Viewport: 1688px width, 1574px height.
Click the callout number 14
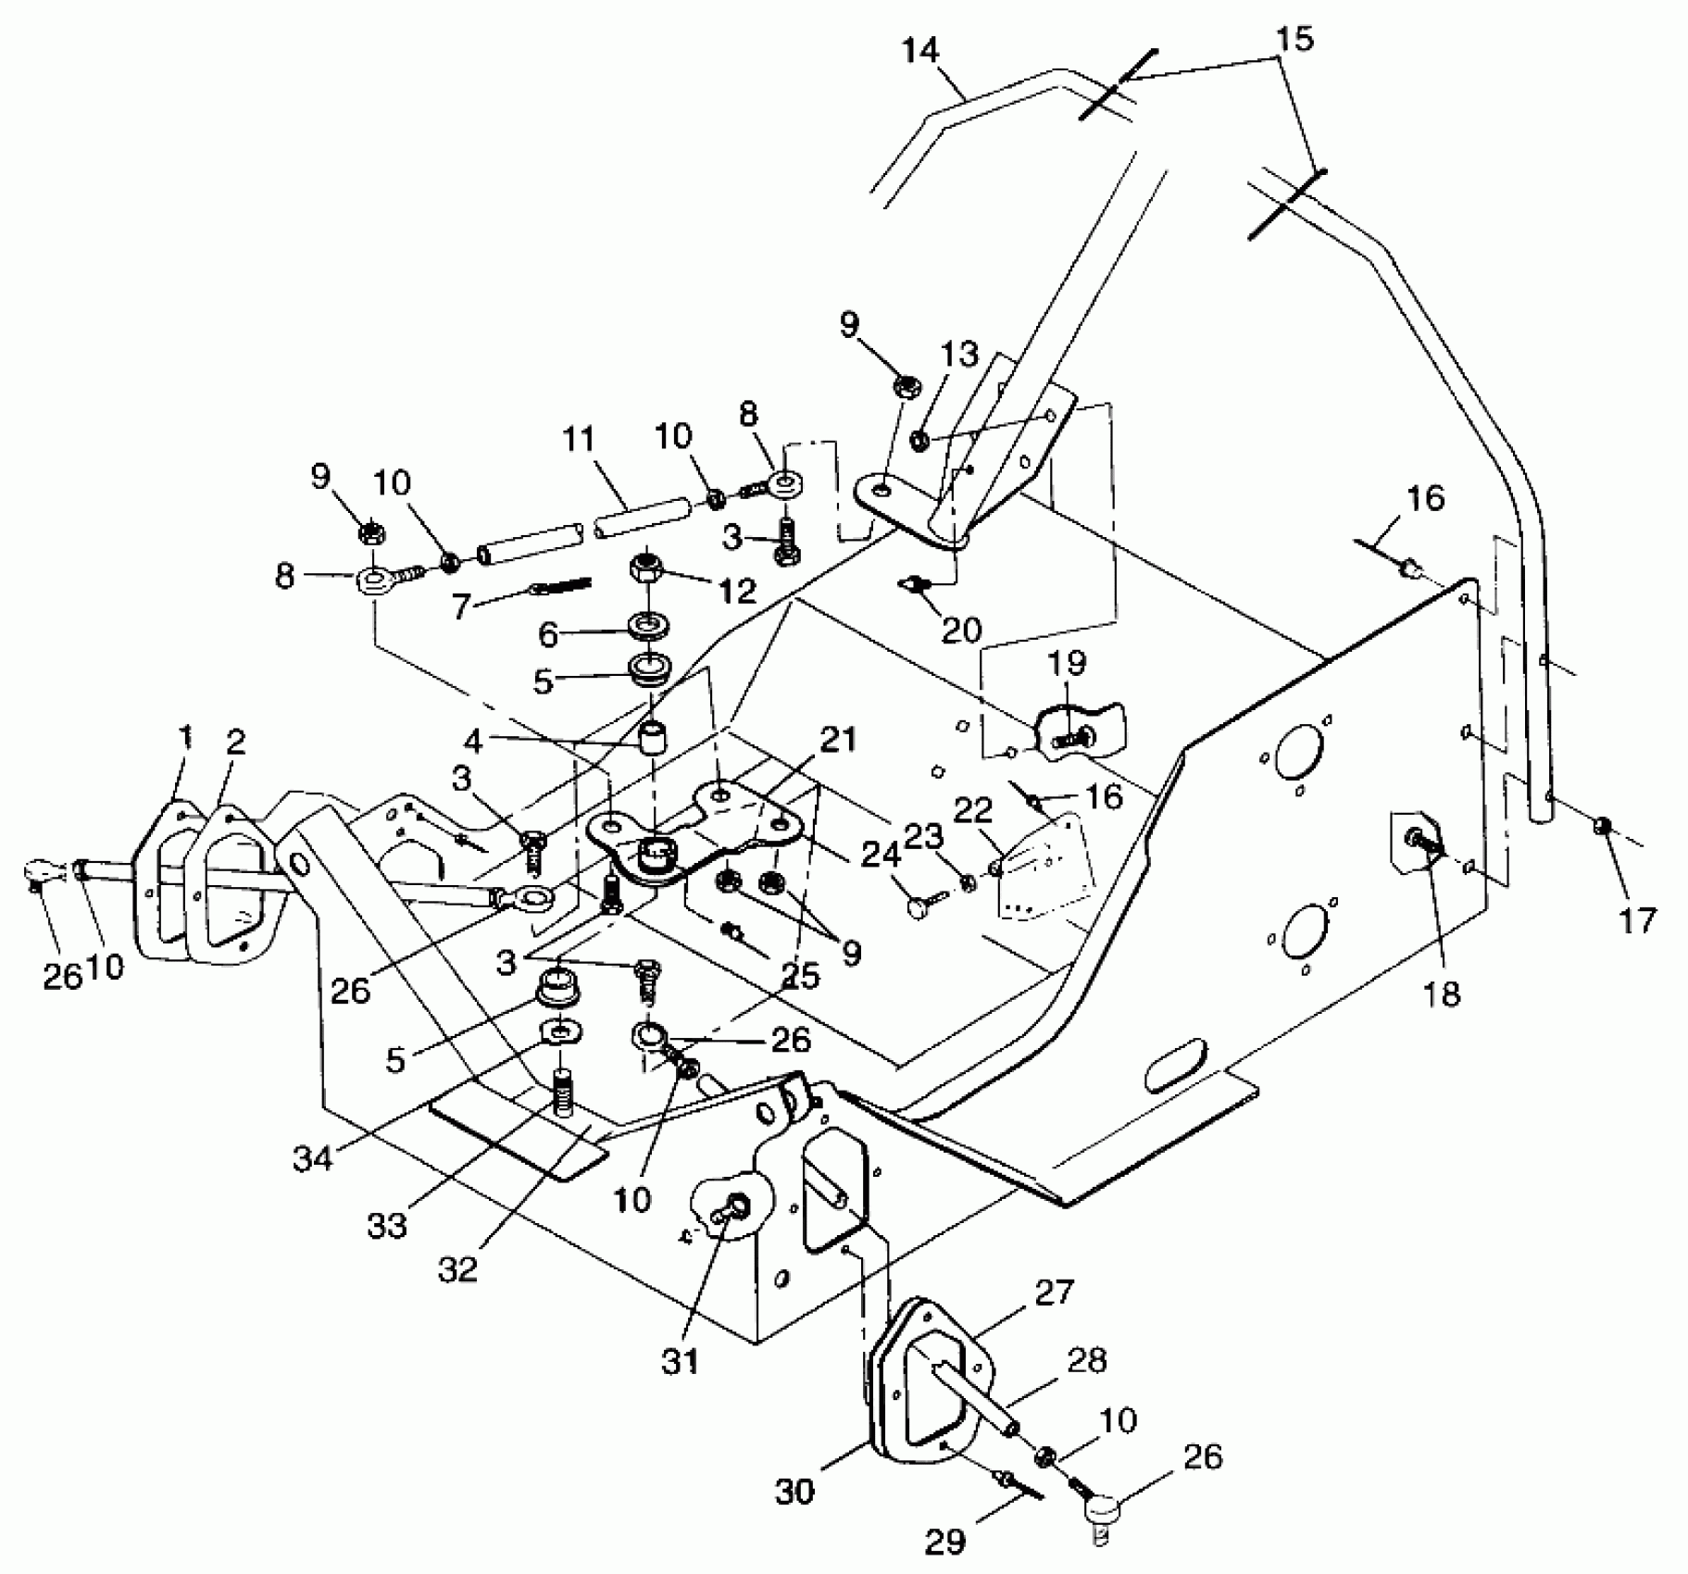[920, 52]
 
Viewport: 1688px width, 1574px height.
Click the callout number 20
[961, 631]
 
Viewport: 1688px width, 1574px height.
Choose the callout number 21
[837, 741]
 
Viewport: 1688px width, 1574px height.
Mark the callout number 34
[312, 1159]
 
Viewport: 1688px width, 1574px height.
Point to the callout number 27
[1056, 1292]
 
